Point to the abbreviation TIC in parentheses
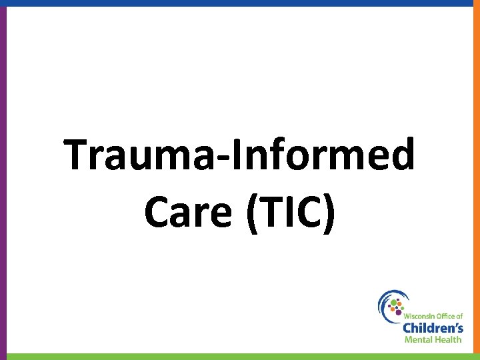pos(290,213)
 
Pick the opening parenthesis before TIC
pos(253,214)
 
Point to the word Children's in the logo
pos(433,327)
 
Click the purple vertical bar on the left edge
pos(3,180)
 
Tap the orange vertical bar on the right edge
pos(477,180)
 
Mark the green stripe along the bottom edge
pos(240,357)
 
